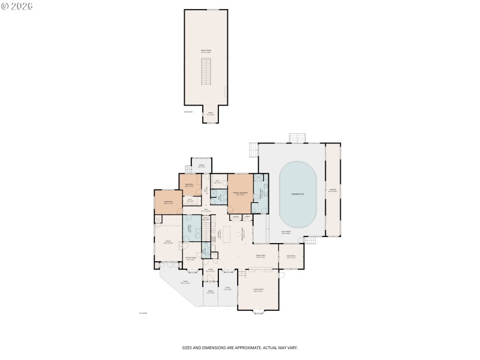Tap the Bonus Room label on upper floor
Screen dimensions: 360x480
(x=206, y=52)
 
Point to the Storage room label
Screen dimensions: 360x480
(x=332, y=193)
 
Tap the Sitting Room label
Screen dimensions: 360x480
(x=191, y=259)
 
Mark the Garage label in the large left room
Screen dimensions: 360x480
(x=168, y=241)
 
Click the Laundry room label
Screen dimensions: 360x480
(x=191, y=229)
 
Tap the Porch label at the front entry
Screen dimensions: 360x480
(x=211, y=292)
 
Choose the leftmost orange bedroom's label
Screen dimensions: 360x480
(x=168, y=202)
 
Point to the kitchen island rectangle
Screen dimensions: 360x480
(x=226, y=233)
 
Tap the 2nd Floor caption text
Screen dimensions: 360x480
(x=188, y=112)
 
